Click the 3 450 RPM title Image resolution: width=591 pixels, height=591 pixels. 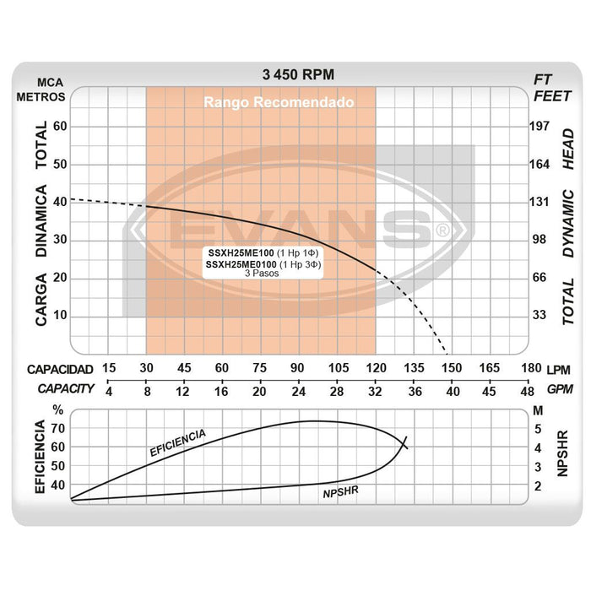point(298,75)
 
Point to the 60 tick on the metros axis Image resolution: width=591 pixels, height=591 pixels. point(60,126)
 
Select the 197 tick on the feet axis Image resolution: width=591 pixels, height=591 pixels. point(539,126)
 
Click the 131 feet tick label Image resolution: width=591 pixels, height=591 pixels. point(539,202)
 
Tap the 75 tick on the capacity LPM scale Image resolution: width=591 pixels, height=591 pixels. point(260,368)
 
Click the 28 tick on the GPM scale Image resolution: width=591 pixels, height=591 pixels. point(336,391)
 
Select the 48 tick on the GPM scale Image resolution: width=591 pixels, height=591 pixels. point(526,391)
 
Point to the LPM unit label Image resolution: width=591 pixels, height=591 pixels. point(558,369)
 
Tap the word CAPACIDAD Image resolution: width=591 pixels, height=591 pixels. point(59,369)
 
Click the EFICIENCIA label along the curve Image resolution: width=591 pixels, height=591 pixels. point(177,443)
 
